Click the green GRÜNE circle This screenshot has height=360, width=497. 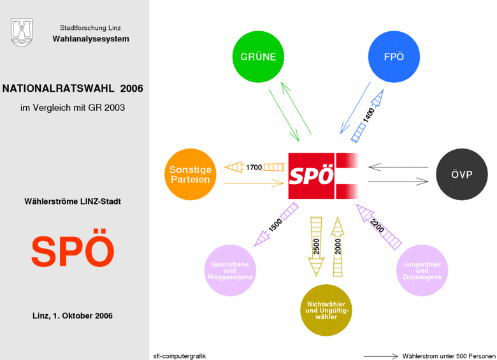[258, 57]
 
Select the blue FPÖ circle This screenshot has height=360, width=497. [394, 57]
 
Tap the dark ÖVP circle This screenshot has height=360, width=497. [462, 175]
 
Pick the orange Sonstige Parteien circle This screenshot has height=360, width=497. [191, 175]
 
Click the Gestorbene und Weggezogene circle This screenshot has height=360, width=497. [230, 270]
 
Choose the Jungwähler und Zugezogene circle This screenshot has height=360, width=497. [422, 270]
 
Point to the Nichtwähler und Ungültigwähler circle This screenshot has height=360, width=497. [326, 310]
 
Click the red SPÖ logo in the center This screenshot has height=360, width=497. [323, 176]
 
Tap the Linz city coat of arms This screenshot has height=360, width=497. [22, 32]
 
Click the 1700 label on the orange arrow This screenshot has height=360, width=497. [254, 168]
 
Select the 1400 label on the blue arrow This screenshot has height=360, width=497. [369, 115]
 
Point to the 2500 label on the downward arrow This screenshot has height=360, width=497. [316, 247]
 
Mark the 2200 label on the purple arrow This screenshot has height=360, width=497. [377, 226]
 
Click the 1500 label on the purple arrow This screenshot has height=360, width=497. [275, 225]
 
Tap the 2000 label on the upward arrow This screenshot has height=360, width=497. [338, 247]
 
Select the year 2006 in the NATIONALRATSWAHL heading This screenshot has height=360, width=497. [131, 89]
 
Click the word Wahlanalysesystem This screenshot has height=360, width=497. [91, 39]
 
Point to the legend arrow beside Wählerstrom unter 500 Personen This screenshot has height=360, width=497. [380, 356]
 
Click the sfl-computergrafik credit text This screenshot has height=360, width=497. [180, 356]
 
